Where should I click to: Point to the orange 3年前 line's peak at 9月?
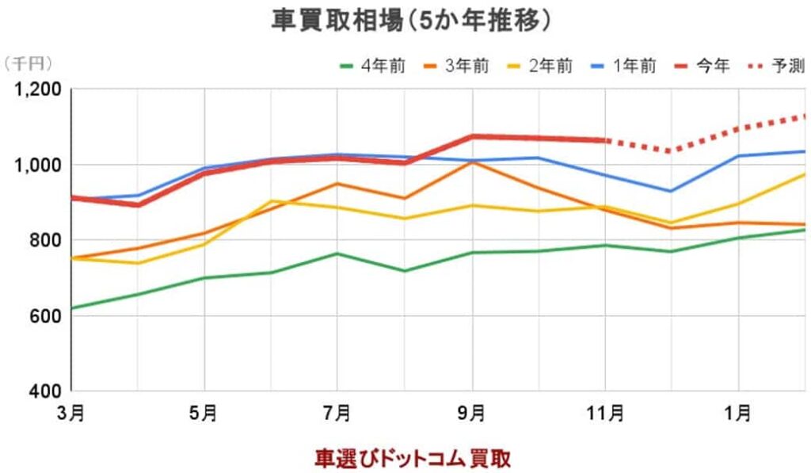coord(472,162)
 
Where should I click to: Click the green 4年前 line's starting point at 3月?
coord(72,308)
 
